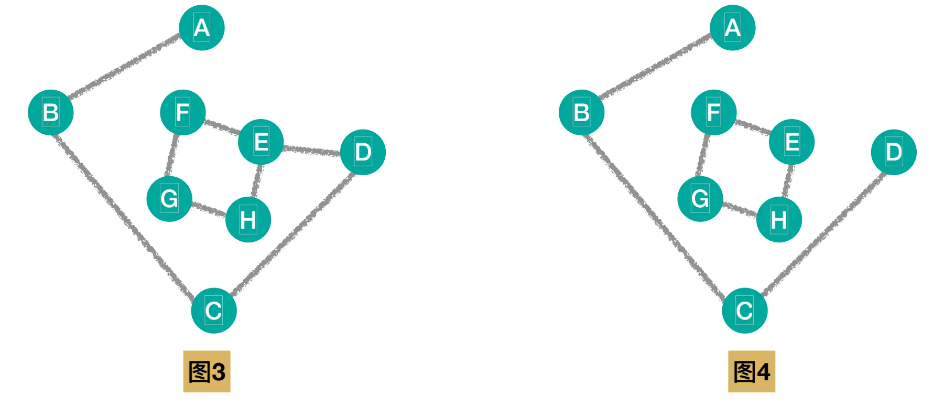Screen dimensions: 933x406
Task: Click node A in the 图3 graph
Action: pyautogui.click(x=202, y=28)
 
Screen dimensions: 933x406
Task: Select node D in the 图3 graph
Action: pyautogui.click(x=363, y=152)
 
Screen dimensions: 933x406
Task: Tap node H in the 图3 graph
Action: pyautogui.click(x=248, y=219)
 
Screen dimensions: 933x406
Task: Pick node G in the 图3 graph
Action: pyautogui.click(x=169, y=199)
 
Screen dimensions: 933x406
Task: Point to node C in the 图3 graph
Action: pyautogui.click(x=214, y=311)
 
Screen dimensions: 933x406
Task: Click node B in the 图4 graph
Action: pyautogui.click(x=581, y=112)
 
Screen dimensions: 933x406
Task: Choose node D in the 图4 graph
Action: pyautogui.click(x=894, y=152)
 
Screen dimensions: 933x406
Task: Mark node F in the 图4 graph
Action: pyautogui.click(x=713, y=112)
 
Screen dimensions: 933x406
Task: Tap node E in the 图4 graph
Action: pyautogui.click(x=791, y=142)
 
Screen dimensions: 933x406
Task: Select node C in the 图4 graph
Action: pyautogui.click(x=745, y=311)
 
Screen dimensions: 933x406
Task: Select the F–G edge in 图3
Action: pyautogui.click(x=171, y=155)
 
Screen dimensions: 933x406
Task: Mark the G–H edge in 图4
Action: pyautogui.click(x=740, y=209)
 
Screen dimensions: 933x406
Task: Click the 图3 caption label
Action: pyautogui.click(x=207, y=371)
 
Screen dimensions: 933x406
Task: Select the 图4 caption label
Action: pyautogui.click(x=751, y=371)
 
